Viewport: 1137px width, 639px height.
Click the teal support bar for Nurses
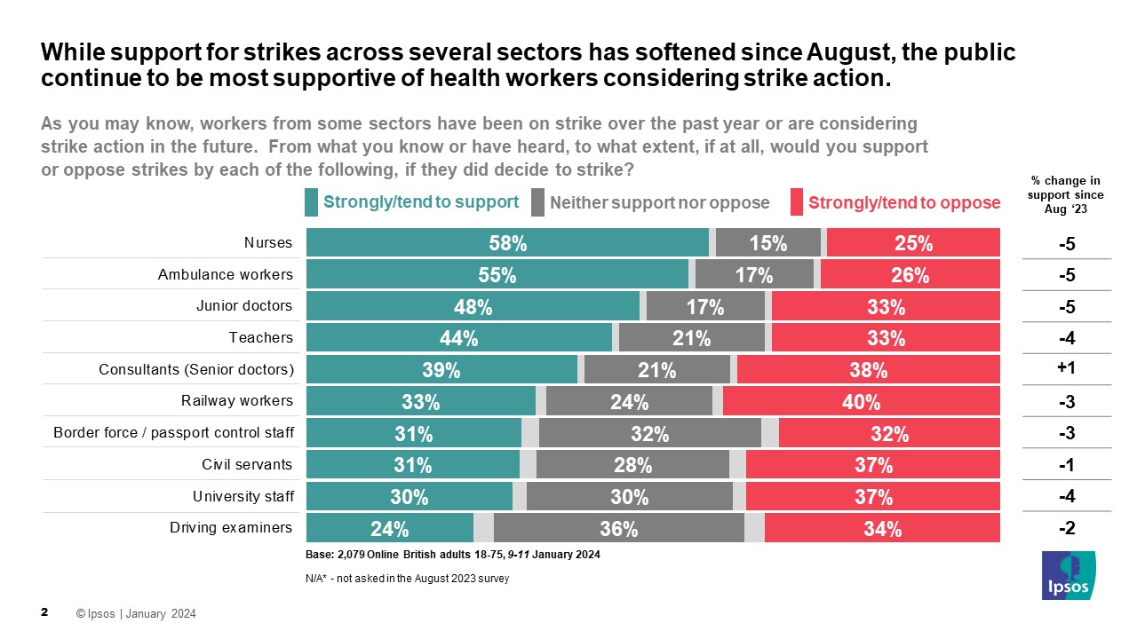click(507, 242)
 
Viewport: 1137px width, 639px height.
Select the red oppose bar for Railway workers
click(861, 401)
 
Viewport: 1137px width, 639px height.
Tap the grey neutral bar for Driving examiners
click(618, 528)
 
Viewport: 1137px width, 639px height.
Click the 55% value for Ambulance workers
click(497, 275)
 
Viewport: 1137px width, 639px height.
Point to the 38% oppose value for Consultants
click(867, 370)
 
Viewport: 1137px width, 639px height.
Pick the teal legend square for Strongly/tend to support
click(311, 202)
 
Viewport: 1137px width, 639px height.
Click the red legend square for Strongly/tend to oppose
click(797, 202)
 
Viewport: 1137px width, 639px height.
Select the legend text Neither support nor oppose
click(659, 202)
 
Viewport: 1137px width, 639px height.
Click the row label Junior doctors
click(244, 305)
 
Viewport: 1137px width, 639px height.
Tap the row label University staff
click(243, 495)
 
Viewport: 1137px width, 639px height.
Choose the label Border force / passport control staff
click(173, 432)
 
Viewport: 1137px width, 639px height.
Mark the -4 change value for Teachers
click(1067, 338)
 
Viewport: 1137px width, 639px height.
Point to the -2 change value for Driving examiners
click(1067, 528)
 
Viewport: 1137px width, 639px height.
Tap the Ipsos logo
click(1069, 574)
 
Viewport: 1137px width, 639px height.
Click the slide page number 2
click(44, 613)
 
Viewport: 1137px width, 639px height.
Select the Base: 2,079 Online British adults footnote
click(453, 555)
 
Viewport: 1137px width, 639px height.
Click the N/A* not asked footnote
click(406, 579)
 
